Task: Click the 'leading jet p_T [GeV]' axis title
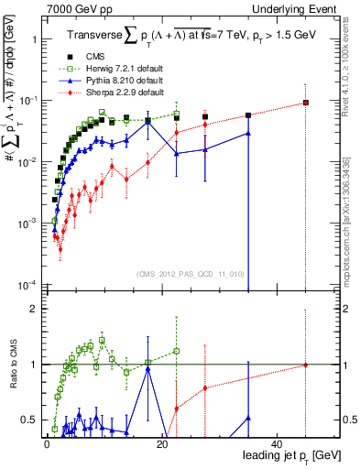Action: tap(289, 455)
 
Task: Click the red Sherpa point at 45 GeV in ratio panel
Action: tap(306, 365)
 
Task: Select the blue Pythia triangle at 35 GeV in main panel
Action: tap(248, 133)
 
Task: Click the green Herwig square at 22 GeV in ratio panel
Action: tap(176, 351)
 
